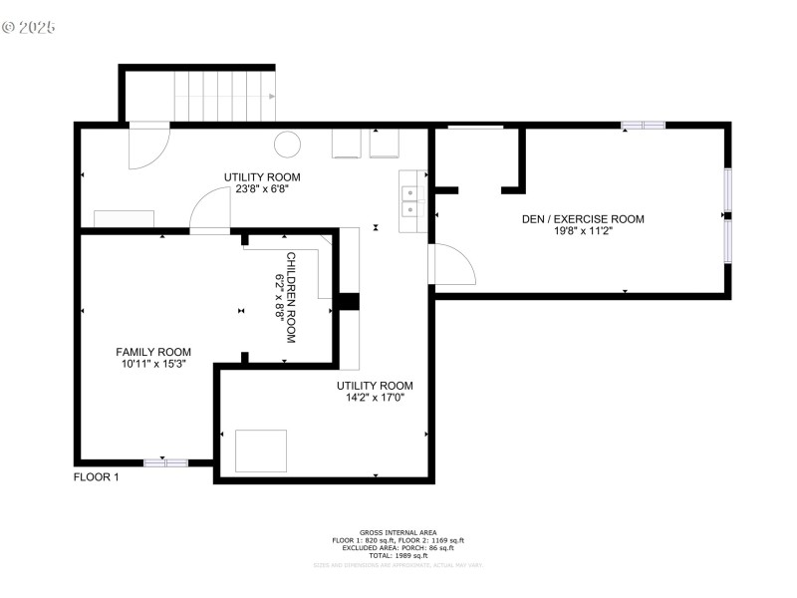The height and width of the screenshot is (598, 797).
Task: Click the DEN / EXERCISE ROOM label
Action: [583, 219]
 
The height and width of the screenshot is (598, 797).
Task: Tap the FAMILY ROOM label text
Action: [153, 352]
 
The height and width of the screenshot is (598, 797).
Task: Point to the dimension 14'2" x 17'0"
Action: [375, 398]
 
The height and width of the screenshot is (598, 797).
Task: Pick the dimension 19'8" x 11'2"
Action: [583, 232]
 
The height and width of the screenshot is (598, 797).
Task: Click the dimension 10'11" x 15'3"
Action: [153, 365]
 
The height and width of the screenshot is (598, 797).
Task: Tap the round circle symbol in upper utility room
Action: [288, 144]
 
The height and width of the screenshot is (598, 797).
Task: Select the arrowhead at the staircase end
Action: [272, 97]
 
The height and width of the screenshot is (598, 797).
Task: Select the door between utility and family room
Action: [210, 211]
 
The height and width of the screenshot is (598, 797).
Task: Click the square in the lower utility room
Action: [261, 450]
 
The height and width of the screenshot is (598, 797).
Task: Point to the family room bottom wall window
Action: [165, 462]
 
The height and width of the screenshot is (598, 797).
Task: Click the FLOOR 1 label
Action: [97, 477]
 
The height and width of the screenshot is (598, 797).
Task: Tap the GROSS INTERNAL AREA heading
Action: [398, 532]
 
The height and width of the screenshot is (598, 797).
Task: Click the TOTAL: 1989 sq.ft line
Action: [398, 555]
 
